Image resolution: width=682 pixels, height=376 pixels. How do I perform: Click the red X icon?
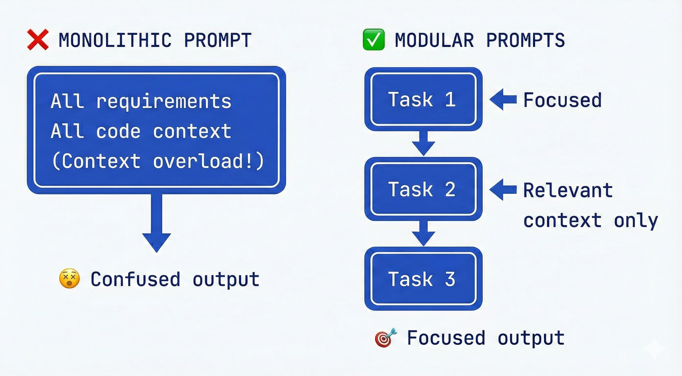38,40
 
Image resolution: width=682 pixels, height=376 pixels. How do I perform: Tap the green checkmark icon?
373,40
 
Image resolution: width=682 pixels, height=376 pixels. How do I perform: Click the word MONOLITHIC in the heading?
115,40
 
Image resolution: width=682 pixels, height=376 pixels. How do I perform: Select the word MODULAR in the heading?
434,40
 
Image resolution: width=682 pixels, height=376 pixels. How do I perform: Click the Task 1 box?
423,99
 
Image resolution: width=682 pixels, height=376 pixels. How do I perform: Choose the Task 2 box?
423,189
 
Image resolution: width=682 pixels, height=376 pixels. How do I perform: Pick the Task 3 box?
423,279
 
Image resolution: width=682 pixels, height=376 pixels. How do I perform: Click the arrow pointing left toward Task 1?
502,99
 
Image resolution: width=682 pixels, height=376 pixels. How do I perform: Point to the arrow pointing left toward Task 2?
502,189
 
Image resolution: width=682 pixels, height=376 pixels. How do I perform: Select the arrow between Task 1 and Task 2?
423,144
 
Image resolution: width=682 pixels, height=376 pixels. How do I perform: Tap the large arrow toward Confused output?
157,225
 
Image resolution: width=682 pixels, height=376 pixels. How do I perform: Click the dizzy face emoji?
69,279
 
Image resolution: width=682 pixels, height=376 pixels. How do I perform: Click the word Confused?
135,279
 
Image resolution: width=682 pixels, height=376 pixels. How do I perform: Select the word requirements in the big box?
164,101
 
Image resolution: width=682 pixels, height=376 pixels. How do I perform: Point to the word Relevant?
568,190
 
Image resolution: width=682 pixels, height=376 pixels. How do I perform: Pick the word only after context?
636,221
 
